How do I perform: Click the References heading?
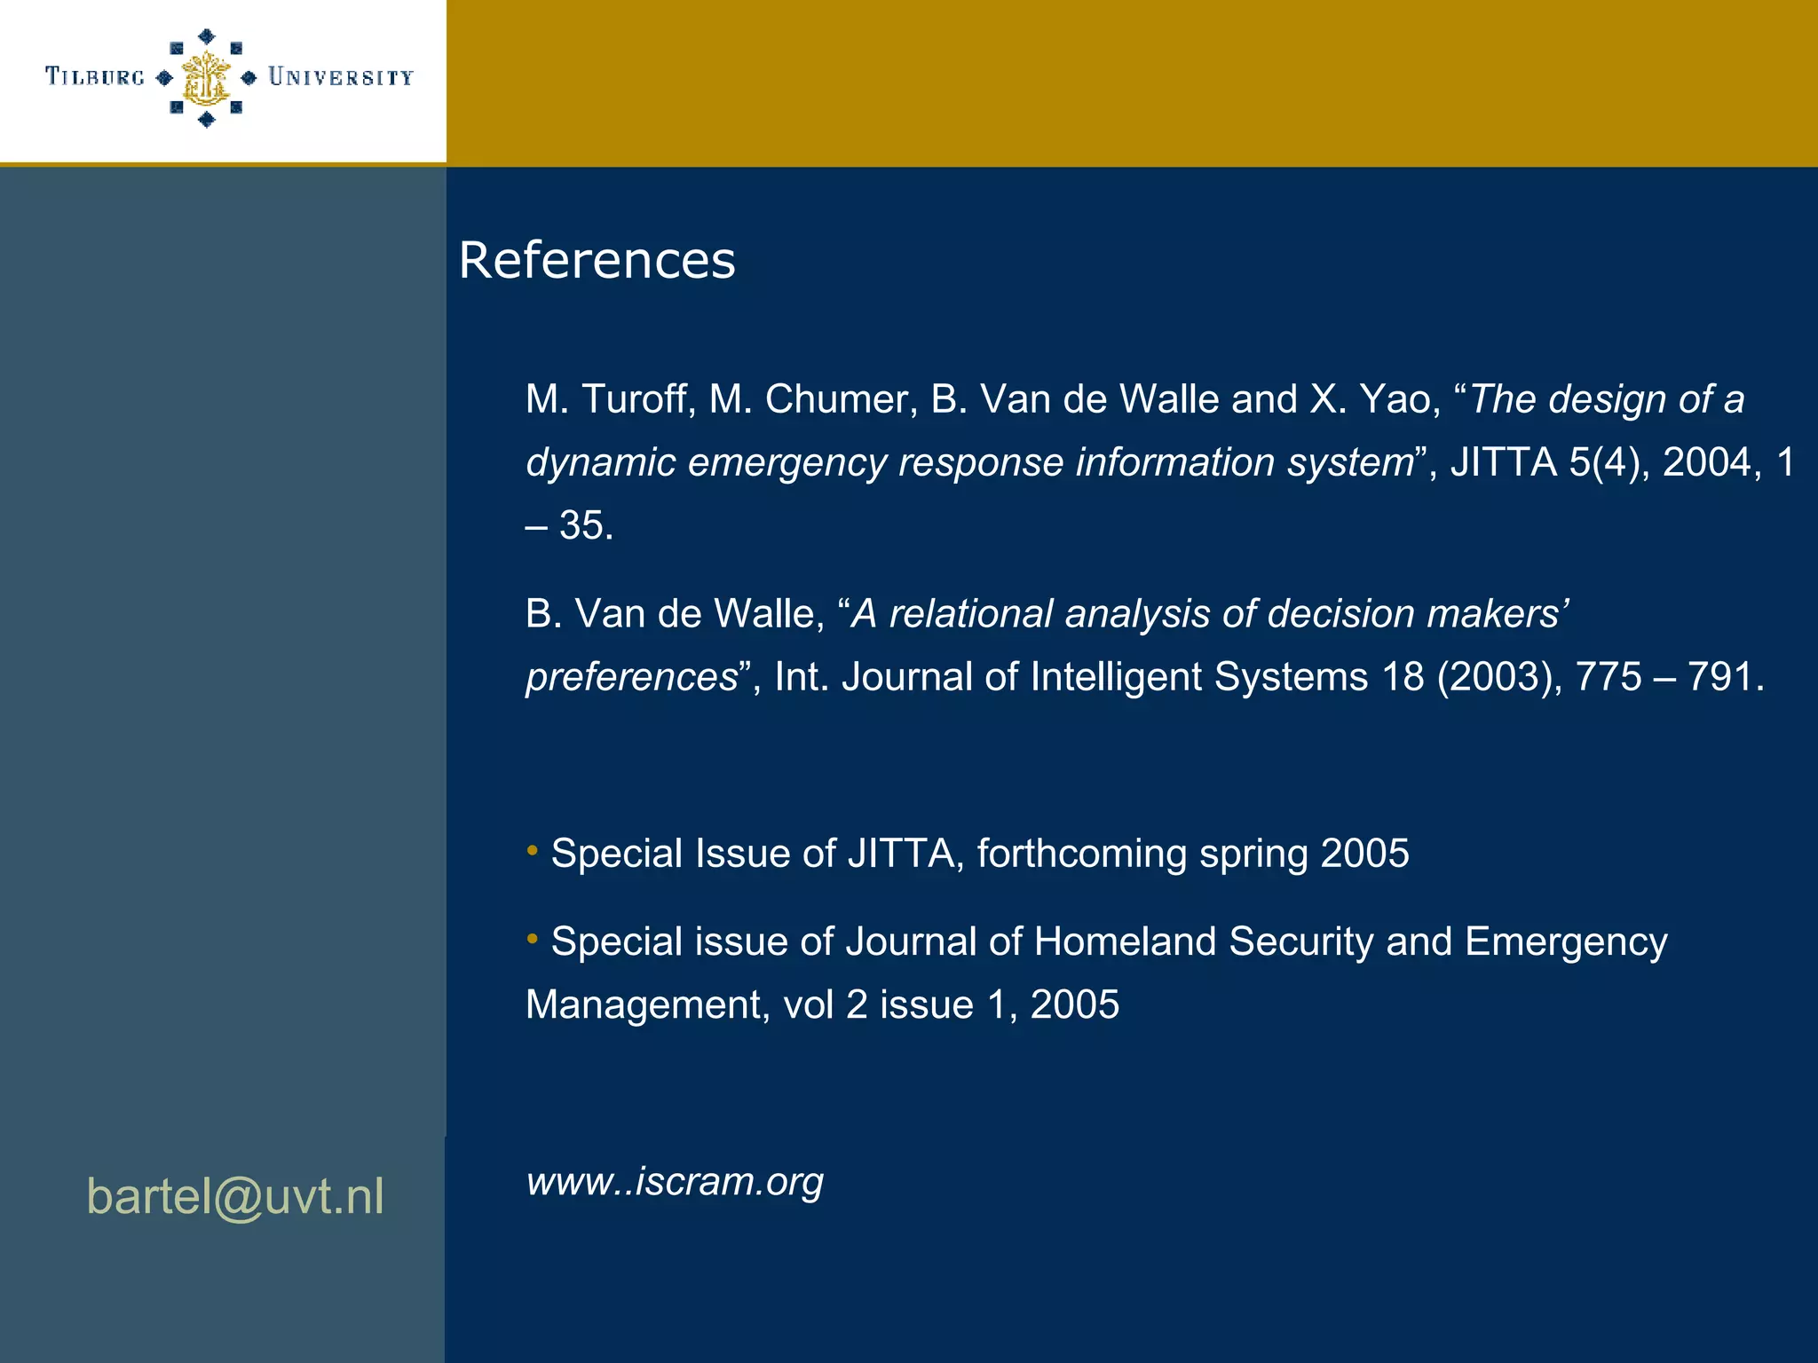(597, 260)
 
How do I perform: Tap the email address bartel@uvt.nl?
(235, 1196)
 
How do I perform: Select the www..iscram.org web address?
(675, 1181)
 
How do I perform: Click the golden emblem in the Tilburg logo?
(206, 78)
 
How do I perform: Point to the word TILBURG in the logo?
(95, 77)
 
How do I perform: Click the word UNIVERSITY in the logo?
(341, 78)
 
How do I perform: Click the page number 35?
(586, 525)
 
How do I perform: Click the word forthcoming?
(1082, 854)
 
